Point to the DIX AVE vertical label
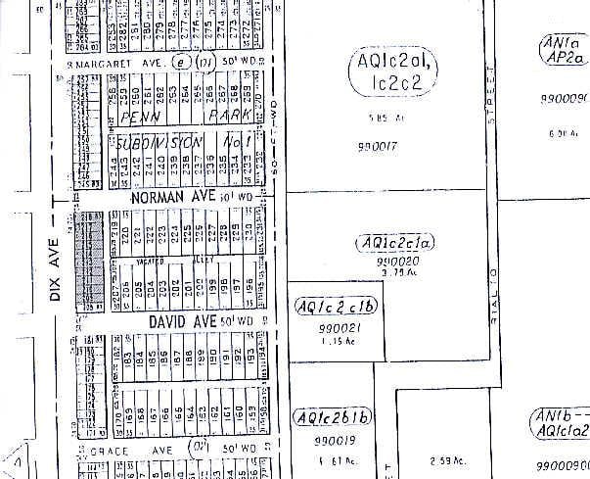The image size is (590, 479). [56, 276]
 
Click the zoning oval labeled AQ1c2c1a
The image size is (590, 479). [396, 242]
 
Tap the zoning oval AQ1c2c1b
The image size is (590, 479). [336, 307]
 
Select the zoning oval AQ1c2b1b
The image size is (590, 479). [335, 417]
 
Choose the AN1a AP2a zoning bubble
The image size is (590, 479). [564, 51]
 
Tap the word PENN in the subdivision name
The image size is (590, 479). [146, 115]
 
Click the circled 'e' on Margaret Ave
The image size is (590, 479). [180, 62]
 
